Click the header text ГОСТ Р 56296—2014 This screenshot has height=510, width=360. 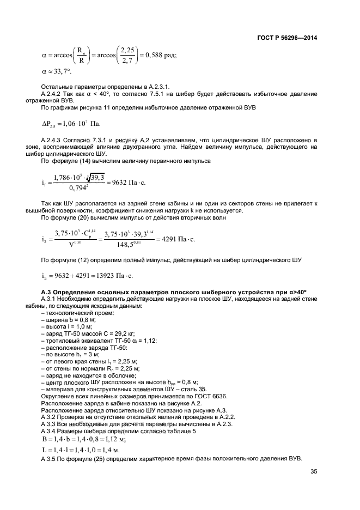point(286,38)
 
